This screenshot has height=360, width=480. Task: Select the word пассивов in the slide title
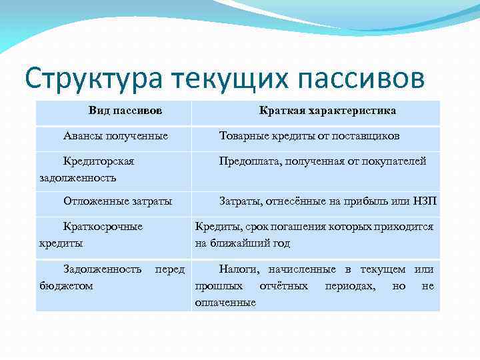pyautogui.click(x=359, y=79)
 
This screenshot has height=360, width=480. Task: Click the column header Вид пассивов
pyautogui.click(x=125, y=109)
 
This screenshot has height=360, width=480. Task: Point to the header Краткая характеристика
pyautogui.click(x=327, y=110)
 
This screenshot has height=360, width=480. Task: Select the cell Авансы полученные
pyautogui.click(x=115, y=136)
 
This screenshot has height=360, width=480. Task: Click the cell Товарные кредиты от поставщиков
pyautogui.click(x=309, y=136)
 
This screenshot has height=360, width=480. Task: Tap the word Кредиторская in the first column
pyautogui.click(x=99, y=161)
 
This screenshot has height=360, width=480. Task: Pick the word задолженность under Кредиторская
pyautogui.click(x=78, y=177)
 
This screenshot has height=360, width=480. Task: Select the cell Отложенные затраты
pyautogui.click(x=117, y=201)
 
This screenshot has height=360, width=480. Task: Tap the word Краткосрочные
pyautogui.click(x=103, y=227)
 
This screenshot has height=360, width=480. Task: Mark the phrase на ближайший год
pyautogui.click(x=242, y=243)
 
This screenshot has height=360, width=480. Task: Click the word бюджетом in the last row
pyautogui.click(x=66, y=285)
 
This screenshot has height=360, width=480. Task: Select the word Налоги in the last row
pyautogui.click(x=237, y=269)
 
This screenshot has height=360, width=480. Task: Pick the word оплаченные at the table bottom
pyautogui.click(x=225, y=302)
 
